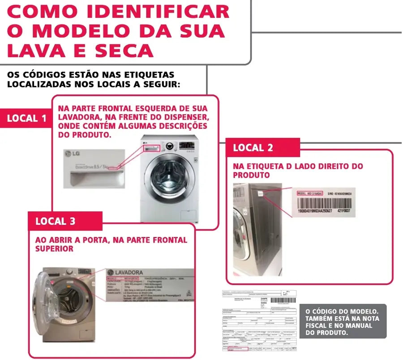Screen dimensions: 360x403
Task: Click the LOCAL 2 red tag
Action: (x=253, y=147)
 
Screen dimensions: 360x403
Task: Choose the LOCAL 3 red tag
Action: (x=56, y=221)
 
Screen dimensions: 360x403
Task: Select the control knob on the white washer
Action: (x=169, y=146)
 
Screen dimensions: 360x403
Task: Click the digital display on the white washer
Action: (x=183, y=146)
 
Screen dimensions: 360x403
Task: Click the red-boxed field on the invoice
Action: (x=238, y=348)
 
